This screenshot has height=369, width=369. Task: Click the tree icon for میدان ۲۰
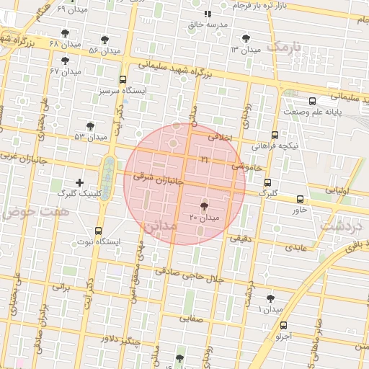point(204,206)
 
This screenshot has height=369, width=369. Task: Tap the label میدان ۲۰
point(204,217)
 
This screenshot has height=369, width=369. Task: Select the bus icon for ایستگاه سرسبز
point(122,80)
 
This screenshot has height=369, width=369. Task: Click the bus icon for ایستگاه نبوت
point(98,231)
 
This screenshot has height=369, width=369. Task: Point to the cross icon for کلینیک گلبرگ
point(79,182)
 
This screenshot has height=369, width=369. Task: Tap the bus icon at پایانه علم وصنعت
point(311,102)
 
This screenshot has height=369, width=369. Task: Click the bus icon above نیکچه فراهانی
point(275,134)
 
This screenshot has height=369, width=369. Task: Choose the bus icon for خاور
point(300,199)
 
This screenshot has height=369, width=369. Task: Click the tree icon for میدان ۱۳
point(247,38)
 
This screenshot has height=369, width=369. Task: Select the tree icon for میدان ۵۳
point(89,125)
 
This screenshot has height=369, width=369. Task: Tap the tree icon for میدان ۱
point(270,298)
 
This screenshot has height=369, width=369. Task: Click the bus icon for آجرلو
point(283,325)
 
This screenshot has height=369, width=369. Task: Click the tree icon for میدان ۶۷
point(66,61)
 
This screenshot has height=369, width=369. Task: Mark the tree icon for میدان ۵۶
point(105,40)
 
